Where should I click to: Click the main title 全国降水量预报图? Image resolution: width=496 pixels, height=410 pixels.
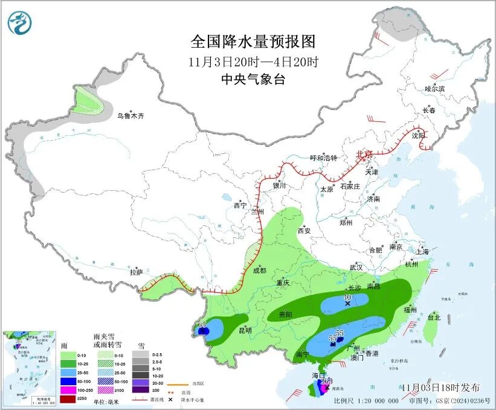coord(253,42)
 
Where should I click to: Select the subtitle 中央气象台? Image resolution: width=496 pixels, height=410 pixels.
coord(253,79)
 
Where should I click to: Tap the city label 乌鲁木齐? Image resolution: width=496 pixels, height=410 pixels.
coord(130,116)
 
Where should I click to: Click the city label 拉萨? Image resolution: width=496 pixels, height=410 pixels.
coord(136,272)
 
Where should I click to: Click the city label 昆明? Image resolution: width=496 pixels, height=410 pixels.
coord(245,330)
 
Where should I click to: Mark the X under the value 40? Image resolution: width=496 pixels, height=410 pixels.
coord(347,304)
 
